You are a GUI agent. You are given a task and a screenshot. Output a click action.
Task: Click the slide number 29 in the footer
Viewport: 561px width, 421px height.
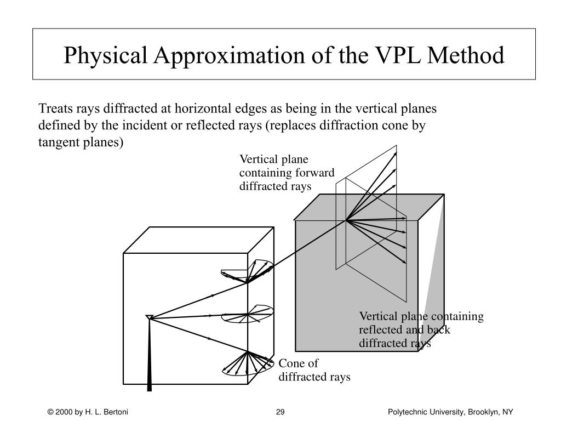pos(280,412)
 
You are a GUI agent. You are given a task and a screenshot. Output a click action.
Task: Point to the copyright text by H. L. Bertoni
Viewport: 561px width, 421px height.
pos(87,412)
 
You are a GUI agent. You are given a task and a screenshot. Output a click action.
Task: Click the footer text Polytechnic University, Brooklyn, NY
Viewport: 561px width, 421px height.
pos(450,412)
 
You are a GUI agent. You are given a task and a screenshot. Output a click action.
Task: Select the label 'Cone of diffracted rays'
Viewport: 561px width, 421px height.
pos(314,370)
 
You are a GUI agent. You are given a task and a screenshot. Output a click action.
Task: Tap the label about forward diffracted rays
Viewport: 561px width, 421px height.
pos(286,173)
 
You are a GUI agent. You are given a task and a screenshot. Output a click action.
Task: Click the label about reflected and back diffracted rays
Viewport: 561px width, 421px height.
pos(421,330)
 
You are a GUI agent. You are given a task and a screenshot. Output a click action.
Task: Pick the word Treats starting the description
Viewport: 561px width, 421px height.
pos(53,109)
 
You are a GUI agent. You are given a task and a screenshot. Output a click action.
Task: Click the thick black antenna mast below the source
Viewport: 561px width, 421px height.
pos(150,356)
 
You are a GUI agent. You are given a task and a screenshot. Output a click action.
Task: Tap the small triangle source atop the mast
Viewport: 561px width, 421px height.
pos(149,317)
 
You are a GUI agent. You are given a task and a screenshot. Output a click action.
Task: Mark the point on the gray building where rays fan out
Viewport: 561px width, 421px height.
pos(346,220)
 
